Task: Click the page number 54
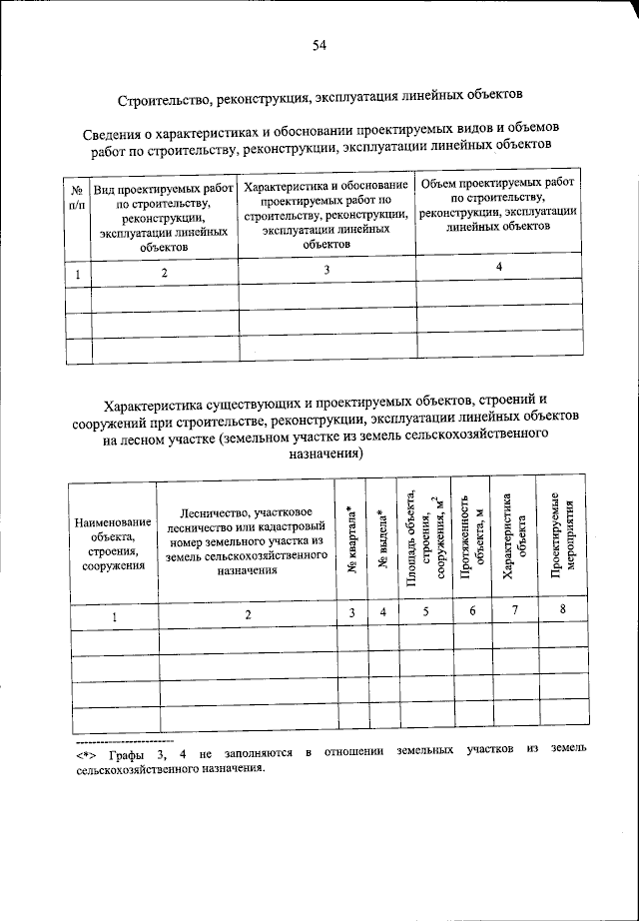(319, 43)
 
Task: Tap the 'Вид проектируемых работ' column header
(165, 216)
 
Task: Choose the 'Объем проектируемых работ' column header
(497, 206)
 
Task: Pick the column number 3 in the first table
(326, 270)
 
